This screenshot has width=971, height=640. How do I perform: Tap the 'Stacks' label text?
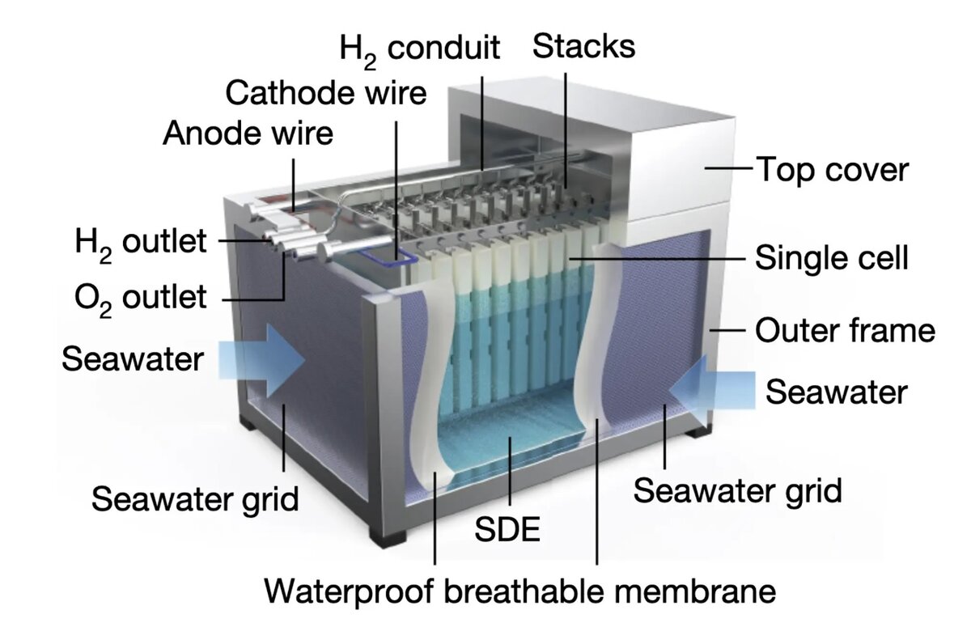pos(583,45)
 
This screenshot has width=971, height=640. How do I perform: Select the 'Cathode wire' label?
pos(325,92)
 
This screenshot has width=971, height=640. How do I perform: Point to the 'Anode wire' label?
pos(248,133)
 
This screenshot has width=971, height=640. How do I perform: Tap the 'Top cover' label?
pos(832,170)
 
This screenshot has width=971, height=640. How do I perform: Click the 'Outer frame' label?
pos(845,330)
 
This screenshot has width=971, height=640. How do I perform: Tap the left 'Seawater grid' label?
pos(194,498)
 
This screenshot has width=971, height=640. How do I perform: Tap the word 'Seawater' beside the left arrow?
pos(133,358)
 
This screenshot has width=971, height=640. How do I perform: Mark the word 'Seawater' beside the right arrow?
pos(837,392)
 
